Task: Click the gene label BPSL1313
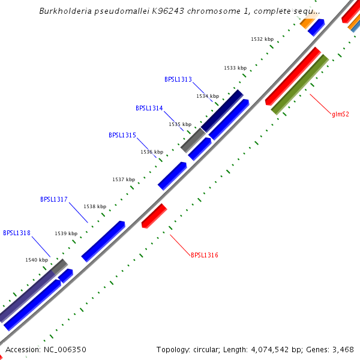point(178,79)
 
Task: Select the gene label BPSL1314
point(149,109)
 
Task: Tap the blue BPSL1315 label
point(122,136)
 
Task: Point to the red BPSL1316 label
point(205,256)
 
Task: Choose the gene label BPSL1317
point(54,199)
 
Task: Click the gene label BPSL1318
point(17,233)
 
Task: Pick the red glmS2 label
point(340,114)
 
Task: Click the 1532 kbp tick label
point(262,39)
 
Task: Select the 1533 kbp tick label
point(235,68)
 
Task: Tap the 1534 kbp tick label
point(208,96)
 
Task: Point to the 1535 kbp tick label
point(180,124)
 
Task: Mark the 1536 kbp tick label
point(152,152)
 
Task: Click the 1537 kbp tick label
point(124,180)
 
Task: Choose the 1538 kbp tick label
point(95,206)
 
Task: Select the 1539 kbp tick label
point(66,233)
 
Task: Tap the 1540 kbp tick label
point(37,260)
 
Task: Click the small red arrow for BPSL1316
point(154,215)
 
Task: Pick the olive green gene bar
point(300,84)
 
